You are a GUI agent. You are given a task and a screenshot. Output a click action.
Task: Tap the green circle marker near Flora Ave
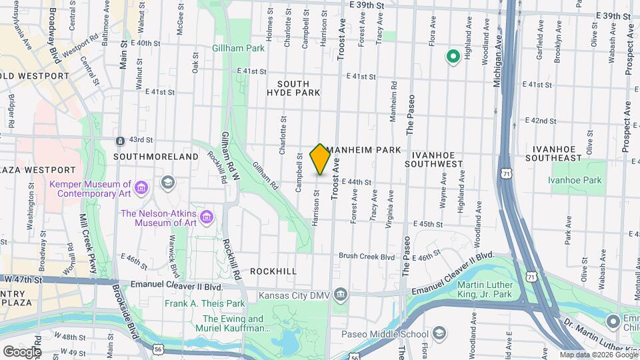(x=453, y=57)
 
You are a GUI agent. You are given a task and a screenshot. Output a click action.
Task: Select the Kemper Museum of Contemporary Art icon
(x=141, y=189)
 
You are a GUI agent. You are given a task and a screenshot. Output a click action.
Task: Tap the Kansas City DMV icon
(x=341, y=295)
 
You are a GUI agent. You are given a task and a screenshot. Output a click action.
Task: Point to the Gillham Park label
(x=239, y=48)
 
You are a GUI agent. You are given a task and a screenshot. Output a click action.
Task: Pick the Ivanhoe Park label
(x=575, y=180)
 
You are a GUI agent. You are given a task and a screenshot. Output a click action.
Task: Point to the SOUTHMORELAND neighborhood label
(x=156, y=157)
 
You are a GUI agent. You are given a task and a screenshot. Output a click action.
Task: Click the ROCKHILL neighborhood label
(x=273, y=272)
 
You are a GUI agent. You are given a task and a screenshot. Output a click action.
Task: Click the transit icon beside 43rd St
(x=119, y=141)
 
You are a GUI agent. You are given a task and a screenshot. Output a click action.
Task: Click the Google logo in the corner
(x=21, y=351)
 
